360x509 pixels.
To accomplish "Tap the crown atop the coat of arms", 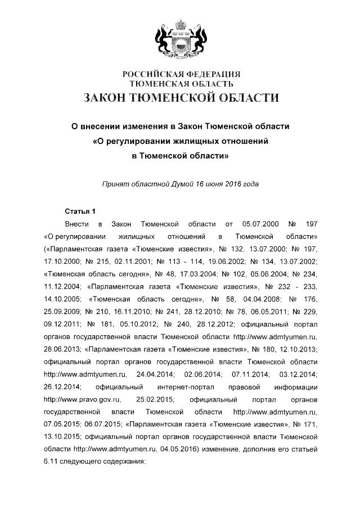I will coord(181,25).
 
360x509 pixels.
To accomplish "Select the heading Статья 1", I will coord(81,211).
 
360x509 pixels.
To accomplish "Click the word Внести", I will coord(76,224).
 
